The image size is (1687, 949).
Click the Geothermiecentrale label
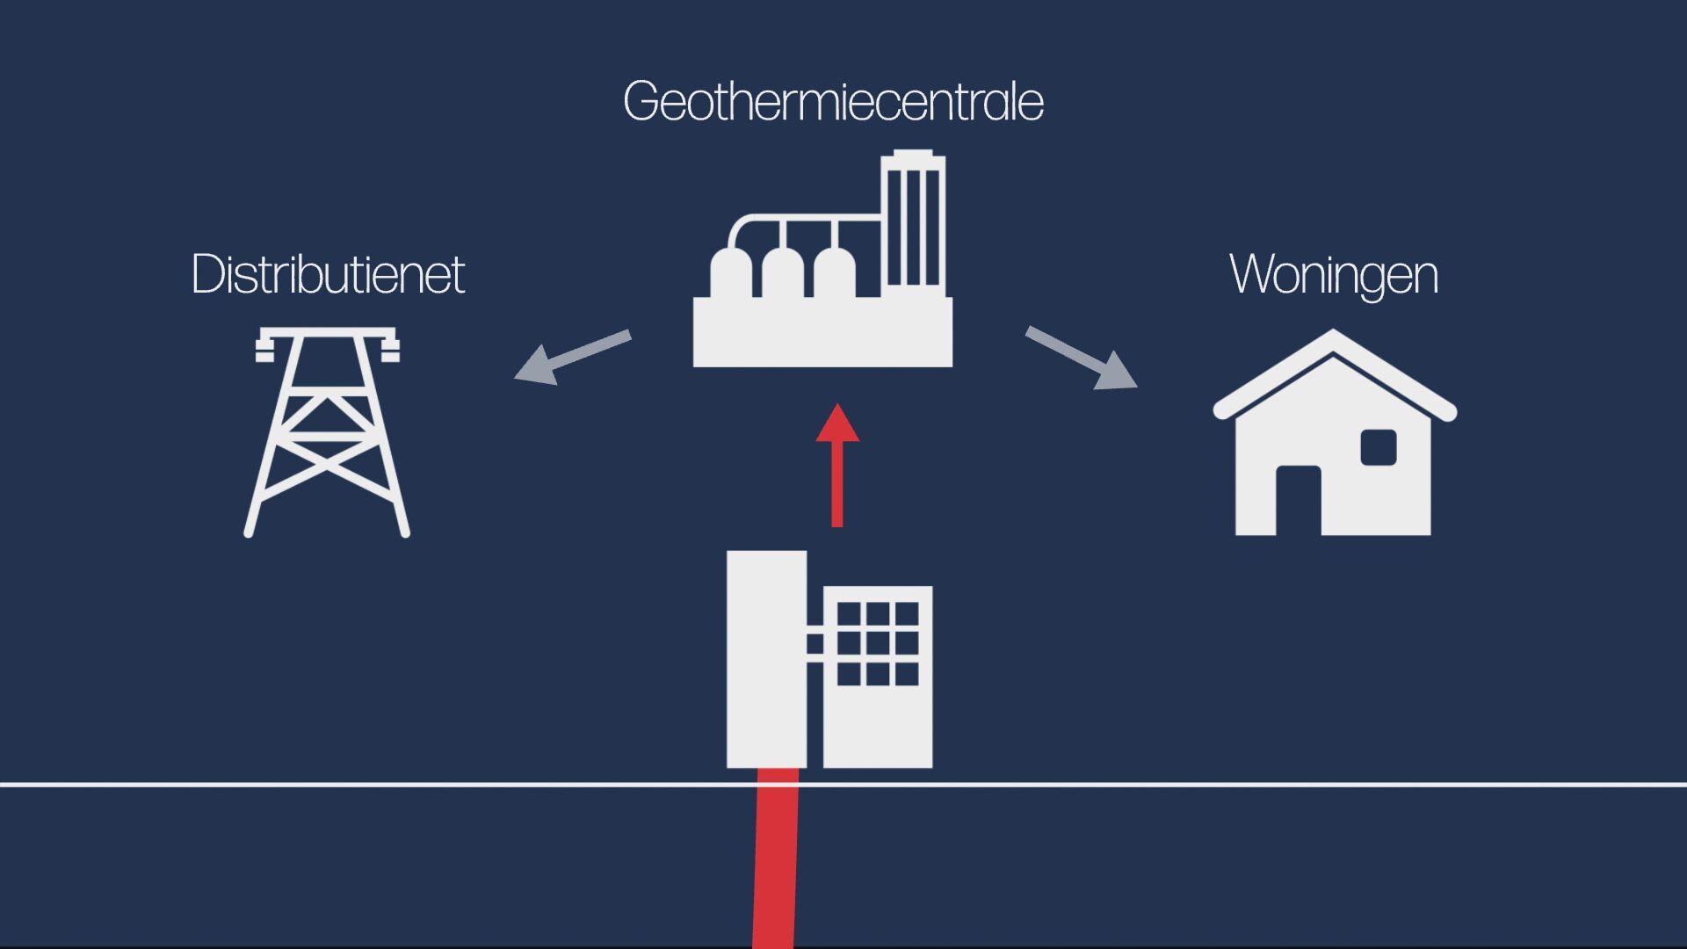833,102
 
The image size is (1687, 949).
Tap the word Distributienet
328,274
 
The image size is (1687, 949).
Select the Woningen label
1333,274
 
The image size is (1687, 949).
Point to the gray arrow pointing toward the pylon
572,356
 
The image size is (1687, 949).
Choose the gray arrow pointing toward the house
1082,358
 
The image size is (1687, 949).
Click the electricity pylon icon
327,431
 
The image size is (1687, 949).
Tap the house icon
1334,435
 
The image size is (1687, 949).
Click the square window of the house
1378,447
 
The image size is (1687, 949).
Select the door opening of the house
1298,500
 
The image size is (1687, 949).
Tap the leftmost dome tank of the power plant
730,276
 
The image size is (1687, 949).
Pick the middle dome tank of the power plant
782,276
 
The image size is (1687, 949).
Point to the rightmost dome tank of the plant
835,276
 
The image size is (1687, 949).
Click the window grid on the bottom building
877,643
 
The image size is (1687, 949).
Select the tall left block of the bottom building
766,659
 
